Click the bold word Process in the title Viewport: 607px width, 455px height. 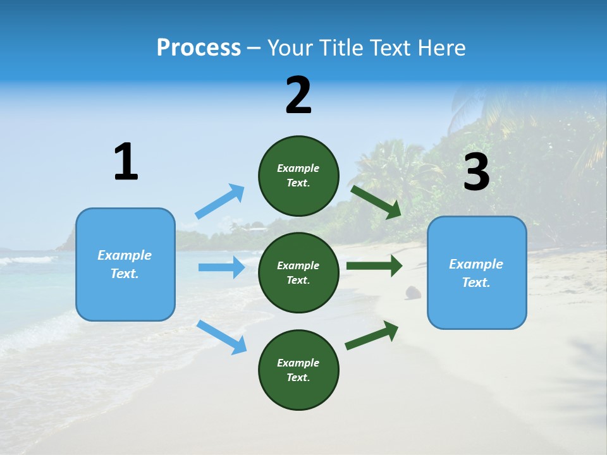199,48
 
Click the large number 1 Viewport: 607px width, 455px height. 126,162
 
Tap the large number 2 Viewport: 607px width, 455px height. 298,95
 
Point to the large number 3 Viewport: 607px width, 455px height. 476,172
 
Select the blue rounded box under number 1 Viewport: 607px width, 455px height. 125,264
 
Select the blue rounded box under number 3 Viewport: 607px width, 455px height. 477,272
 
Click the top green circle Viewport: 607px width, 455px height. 298,176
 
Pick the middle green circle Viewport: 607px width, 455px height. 298,272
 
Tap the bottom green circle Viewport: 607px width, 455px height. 298,370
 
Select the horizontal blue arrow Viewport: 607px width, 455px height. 221,267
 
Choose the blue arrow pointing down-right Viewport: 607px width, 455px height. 221,337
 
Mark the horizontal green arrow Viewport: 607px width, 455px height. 374,265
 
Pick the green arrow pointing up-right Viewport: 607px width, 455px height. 372,336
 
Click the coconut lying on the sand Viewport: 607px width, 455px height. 413,292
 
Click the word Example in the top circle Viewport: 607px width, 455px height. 298,168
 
